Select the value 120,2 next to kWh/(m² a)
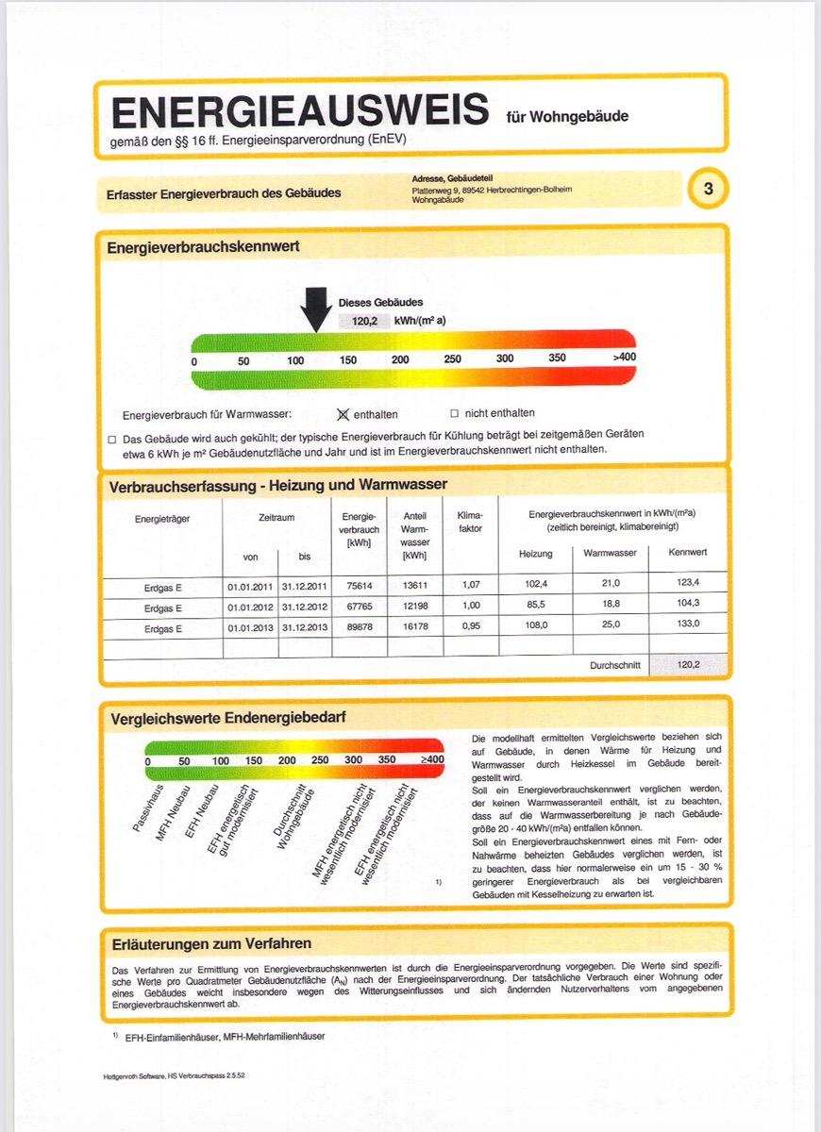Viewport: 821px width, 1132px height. pos(363,321)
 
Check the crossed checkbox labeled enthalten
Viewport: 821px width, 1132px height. pos(343,413)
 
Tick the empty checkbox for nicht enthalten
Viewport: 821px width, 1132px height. pos(454,413)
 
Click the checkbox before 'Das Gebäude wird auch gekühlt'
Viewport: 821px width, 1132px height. pos(112,439)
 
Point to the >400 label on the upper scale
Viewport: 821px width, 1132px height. pos(624,358)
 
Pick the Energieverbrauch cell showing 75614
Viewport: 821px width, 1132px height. pos(359,585)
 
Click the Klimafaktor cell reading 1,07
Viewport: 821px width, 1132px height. pos(470,585)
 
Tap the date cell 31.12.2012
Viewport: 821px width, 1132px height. pos(304,606)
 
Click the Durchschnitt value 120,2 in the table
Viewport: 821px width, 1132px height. pos(688,664)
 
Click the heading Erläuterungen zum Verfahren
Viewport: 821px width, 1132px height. pos(211,943)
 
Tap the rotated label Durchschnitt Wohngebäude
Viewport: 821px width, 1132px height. pos(294,817)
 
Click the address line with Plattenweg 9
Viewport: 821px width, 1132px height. pos(492,190)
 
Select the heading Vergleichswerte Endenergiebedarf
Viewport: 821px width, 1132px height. pos(228,718)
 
